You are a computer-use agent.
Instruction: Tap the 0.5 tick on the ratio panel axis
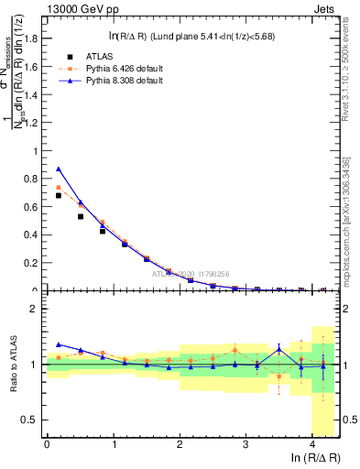(31, 420)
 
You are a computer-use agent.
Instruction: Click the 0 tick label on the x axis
(47, 445)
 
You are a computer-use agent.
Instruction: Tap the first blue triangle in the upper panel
(59, 169)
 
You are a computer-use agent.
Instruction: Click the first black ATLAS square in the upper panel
(59, 195)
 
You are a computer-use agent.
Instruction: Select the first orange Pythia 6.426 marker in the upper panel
(59, 188)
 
